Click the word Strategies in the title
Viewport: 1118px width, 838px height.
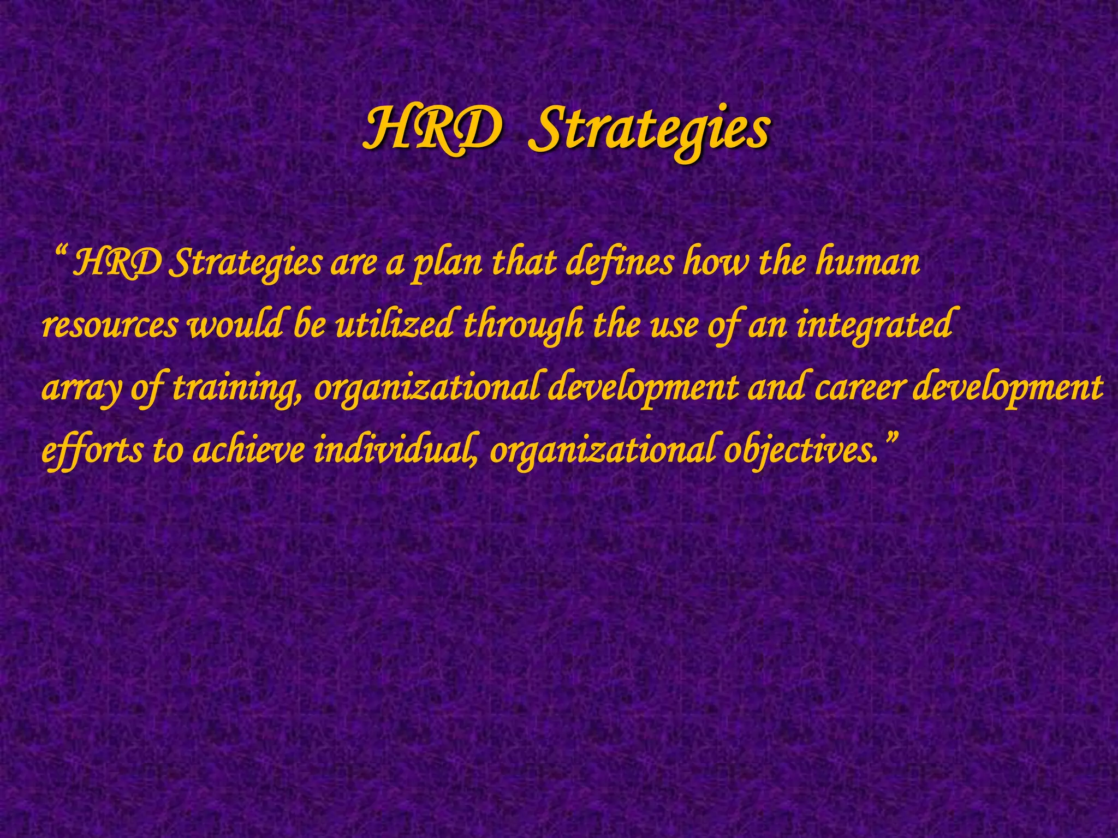point(650,131)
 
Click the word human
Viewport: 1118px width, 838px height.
point(867,263)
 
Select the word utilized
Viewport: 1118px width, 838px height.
point(393,326)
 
